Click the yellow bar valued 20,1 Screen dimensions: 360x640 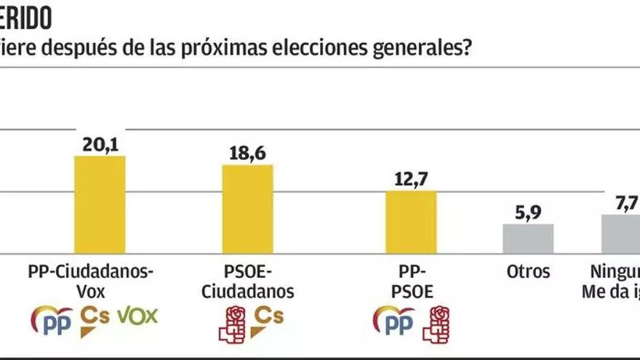point(100,204)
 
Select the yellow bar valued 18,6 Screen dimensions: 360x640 point(247,209)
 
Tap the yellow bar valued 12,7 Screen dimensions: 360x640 point(412,222)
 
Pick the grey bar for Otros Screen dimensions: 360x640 point(529,239)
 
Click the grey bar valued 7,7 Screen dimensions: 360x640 point(623,233)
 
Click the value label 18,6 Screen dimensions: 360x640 point(247,154)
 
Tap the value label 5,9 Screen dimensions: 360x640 point(529,213)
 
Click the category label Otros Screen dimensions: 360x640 point(528,273)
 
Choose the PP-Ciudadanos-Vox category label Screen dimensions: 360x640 point(92,282)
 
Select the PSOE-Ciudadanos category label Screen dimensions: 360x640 point(247,282)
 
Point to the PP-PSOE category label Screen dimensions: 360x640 point(412,282)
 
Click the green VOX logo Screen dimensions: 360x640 point(137,316)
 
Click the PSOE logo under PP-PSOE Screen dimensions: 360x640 point(437,323)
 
